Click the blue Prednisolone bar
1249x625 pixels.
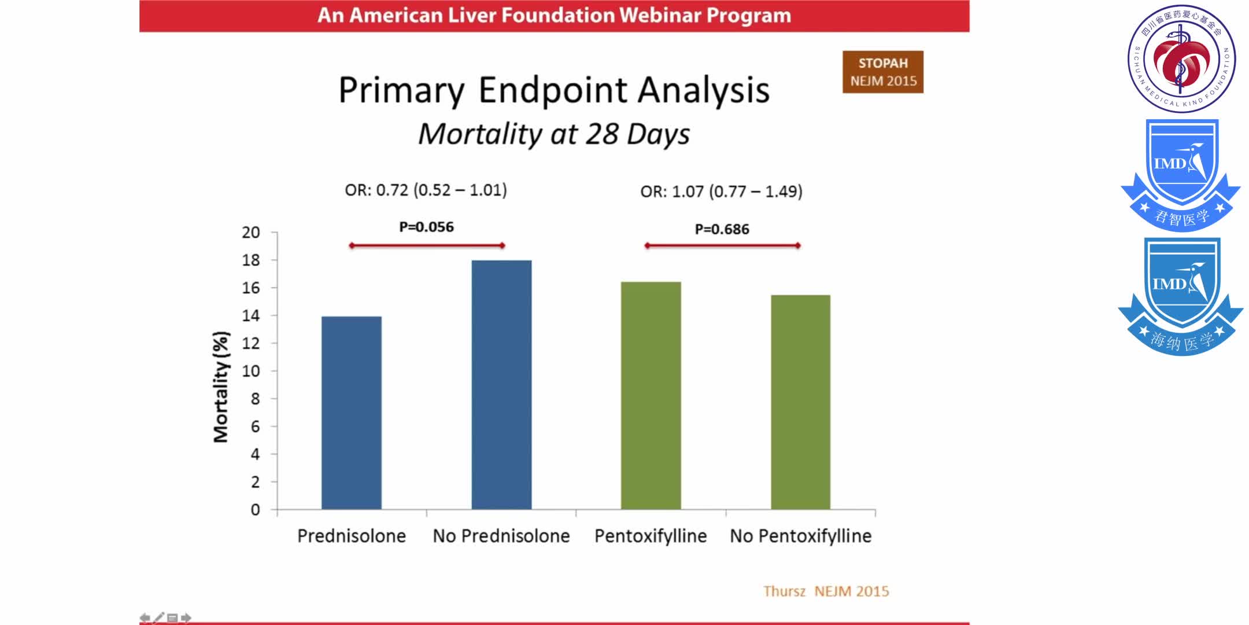click(x=351, y=413)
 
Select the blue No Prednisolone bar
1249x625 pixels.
click(x=501, y=385)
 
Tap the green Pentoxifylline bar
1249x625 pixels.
click(x=651, y=395)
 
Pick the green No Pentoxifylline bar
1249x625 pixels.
click(x=800, y=402)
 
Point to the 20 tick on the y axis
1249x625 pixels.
click(x=251, y=233)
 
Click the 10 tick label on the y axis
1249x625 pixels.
click(x=251, y=371)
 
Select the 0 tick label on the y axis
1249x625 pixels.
click(x=255, y=510)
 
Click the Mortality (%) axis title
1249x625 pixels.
click(x=221, y=387)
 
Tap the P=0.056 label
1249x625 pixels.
click(x=427, y=227)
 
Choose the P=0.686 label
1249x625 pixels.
click(x=722, y=229)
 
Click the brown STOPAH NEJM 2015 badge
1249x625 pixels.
click(x=882, y=72)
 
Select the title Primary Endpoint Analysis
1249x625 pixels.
click(x=554, y=90)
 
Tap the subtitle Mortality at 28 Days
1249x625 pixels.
click(x=554, y=134)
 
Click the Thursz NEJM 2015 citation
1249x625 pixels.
click(x=826, y=591)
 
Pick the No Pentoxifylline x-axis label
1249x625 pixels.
click(x=800, y=536)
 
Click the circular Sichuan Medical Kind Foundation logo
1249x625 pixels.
click(x=1181, y=58)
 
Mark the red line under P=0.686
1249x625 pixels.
click(x=722, y=245)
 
